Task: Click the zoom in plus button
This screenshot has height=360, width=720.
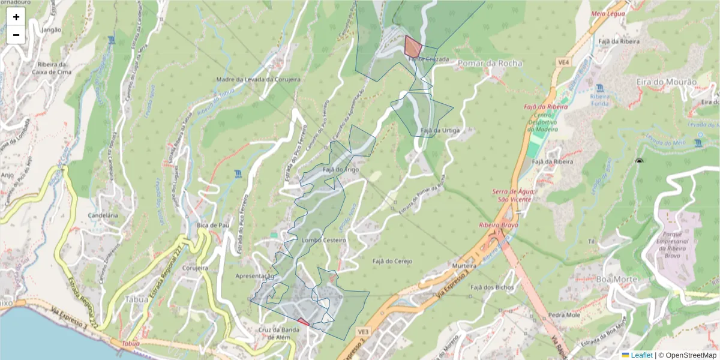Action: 16,17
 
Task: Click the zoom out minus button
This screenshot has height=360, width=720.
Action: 16,35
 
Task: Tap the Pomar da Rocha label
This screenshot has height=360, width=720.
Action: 490,63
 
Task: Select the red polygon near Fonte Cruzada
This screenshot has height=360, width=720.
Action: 412,46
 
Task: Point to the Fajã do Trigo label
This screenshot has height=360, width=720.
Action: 340,170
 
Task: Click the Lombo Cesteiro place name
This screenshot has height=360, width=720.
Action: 324,240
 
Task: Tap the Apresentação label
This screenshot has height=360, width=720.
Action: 255,276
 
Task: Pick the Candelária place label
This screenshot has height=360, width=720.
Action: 102,214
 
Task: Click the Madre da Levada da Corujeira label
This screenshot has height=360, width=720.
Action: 258,79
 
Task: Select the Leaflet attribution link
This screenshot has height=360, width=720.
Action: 641,355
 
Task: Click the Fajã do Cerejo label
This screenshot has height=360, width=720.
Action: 393,261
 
